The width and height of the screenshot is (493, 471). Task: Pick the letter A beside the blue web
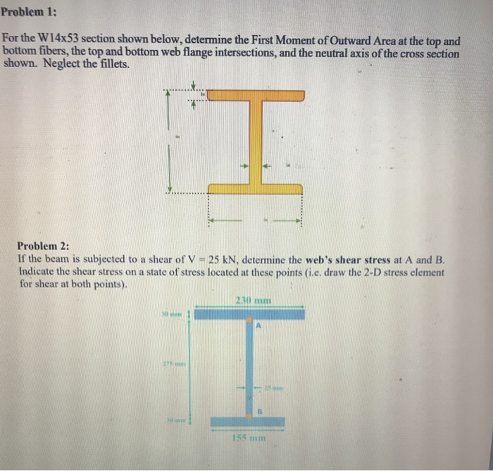click(258, 325)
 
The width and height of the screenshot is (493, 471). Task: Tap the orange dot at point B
click(249, 413)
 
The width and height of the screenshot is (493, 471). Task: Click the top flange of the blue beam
click(249, 313)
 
